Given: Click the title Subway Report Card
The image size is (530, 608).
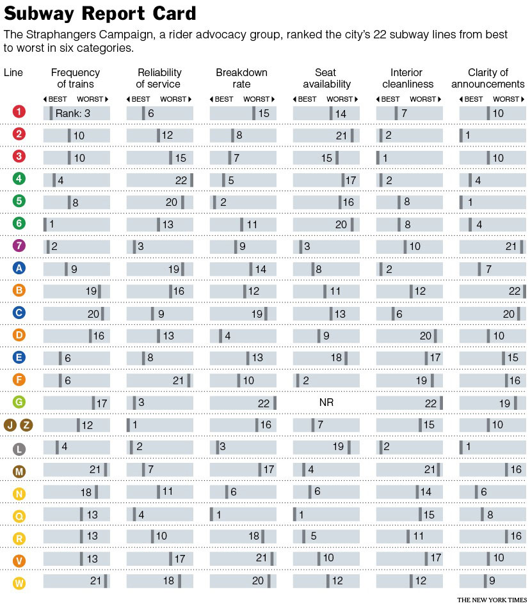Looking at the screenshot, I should pos(100,13).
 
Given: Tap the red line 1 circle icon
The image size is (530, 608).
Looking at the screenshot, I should pos(19,112).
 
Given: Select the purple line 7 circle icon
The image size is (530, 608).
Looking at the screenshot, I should pos(19,246).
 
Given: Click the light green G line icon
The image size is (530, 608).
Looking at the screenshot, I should pos(19,402).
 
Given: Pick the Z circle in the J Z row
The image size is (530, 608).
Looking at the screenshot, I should pos(27,425).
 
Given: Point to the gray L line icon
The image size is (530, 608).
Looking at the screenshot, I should pos(19,448).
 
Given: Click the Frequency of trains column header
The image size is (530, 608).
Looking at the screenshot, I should pos(76,78).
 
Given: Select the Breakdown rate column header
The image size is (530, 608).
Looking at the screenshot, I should pos(241,78).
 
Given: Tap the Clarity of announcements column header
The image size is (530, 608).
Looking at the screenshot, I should pos(488,78).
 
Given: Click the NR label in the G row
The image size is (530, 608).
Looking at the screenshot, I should pos(326,402).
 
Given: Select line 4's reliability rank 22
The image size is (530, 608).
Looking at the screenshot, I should pos(181,180).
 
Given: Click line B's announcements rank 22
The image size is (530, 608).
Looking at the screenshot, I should pos(513,291).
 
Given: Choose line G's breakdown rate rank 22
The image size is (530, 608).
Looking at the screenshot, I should pos(264,403).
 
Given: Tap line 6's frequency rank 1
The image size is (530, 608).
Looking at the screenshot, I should pos(51,224).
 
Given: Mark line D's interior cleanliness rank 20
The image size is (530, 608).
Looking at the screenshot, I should pos(426,336).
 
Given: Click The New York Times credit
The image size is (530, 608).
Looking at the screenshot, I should pos(492,600).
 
